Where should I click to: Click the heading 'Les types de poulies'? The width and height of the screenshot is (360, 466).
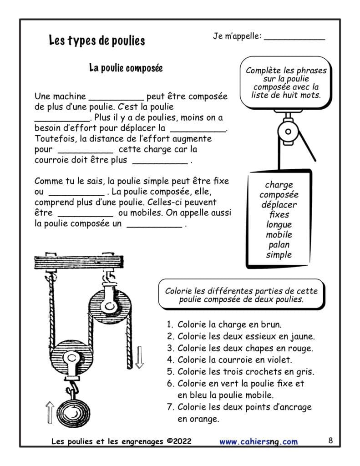(x=97, y=41)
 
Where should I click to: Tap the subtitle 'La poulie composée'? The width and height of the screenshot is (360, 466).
(x=126, y=68)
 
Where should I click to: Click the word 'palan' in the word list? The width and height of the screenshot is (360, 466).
(x=279, y=245)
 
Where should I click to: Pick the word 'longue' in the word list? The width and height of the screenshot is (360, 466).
(x=279, y=225)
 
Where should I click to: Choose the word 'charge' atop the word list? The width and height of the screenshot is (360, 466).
(x=279, y=185)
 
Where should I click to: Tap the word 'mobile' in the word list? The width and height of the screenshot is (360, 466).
(x=279, y=235)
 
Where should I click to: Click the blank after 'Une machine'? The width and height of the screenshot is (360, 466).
(x=116, y=97)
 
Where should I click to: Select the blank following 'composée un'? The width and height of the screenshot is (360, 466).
(x=154, y=225)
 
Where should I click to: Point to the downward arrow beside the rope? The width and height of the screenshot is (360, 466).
(x=139, y=356)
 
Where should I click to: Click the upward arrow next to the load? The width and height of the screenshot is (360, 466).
(x=49, y=412)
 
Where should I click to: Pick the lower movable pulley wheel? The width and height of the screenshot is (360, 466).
(x=70, y=359)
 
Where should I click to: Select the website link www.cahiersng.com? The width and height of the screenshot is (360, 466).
(x=259, y=441)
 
